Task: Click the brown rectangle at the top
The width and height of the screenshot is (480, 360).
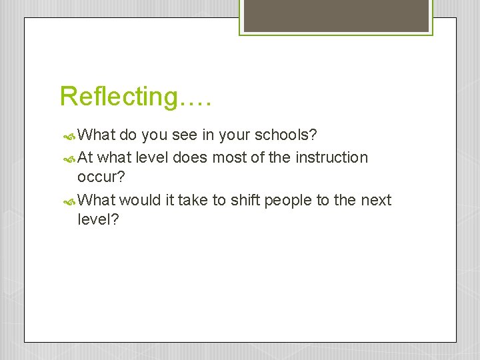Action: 335,15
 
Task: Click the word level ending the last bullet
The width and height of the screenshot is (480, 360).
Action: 97,219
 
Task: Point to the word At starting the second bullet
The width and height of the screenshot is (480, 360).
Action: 85,158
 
